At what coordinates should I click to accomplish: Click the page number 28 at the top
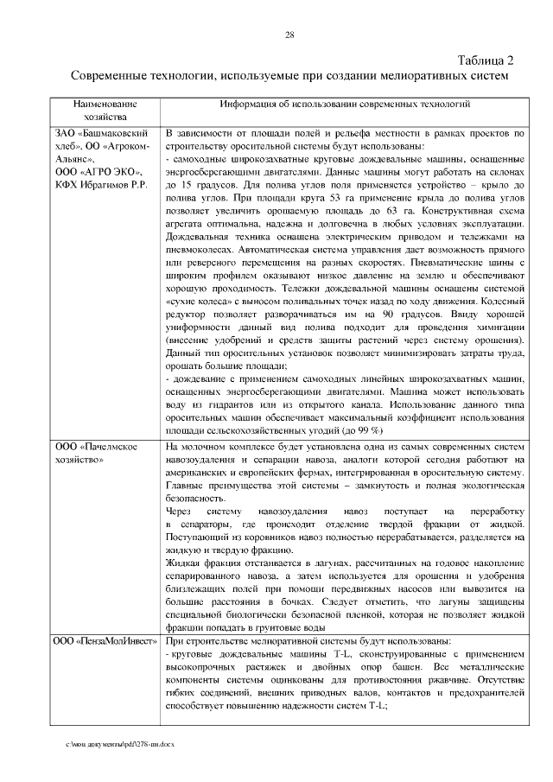[289, 35]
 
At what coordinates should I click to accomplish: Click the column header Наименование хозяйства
[105, 110]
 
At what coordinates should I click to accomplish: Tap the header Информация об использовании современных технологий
[344, 104]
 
